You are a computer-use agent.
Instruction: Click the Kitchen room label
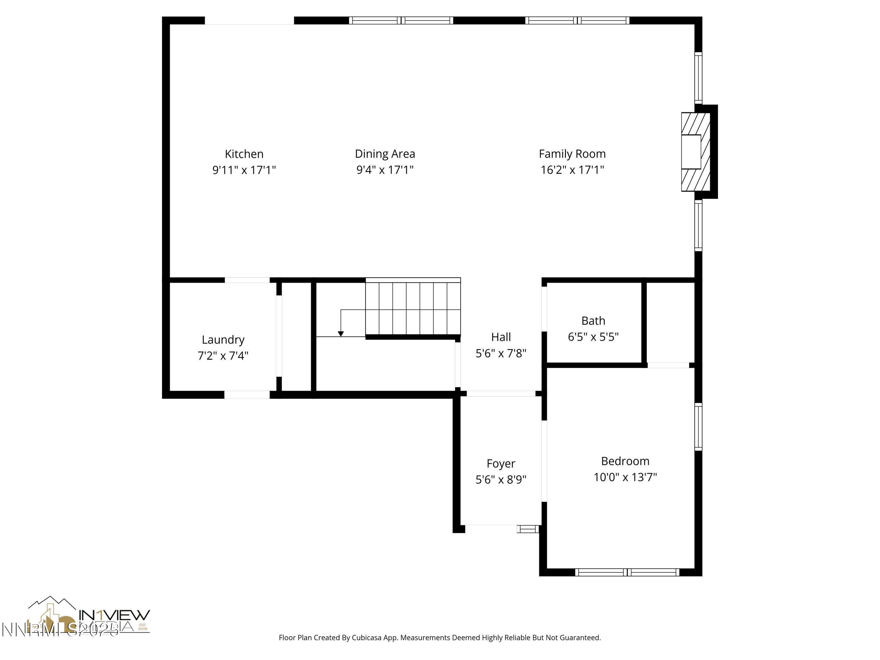(x=244, y=154)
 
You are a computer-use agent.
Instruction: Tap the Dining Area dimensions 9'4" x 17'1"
(x=385, y=170)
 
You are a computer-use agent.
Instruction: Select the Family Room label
(x=572, y=154)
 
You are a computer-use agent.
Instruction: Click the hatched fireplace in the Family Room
(x=696, y=152)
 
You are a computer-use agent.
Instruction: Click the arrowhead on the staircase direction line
(x=341, y=334)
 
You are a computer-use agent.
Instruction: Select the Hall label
(x=501, y=337)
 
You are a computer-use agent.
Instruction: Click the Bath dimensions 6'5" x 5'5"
(x=593, y=337)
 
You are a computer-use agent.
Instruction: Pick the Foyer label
(x=501, y=463)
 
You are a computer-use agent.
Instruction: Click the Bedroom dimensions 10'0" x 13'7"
(x=625, y=477)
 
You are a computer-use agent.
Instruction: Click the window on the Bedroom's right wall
(x=698, y=427)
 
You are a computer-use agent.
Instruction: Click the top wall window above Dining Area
(x=401, y=20)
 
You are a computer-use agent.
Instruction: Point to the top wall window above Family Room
(x=577, y=20)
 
